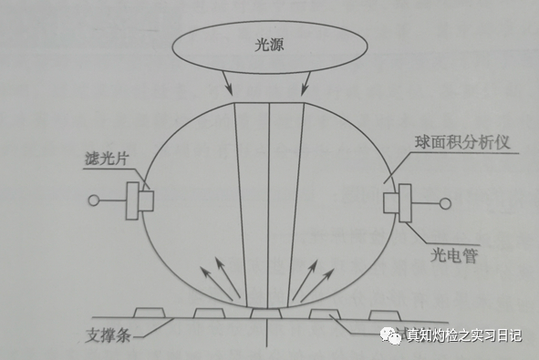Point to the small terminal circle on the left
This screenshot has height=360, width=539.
pos(92,200)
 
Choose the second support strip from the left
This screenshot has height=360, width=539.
pos(209,314)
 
